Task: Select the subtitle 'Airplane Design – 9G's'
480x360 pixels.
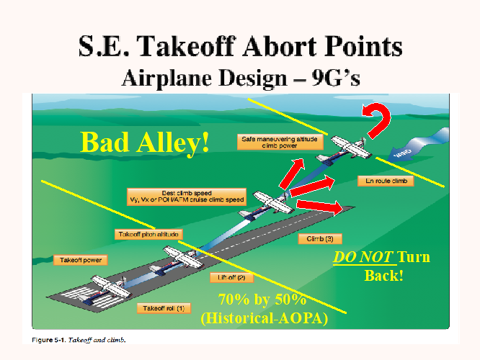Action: (x=241, y=75)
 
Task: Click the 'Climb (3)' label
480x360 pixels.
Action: (x=320, y=238)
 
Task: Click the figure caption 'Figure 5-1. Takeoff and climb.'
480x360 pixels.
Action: (x=80, y=338)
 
